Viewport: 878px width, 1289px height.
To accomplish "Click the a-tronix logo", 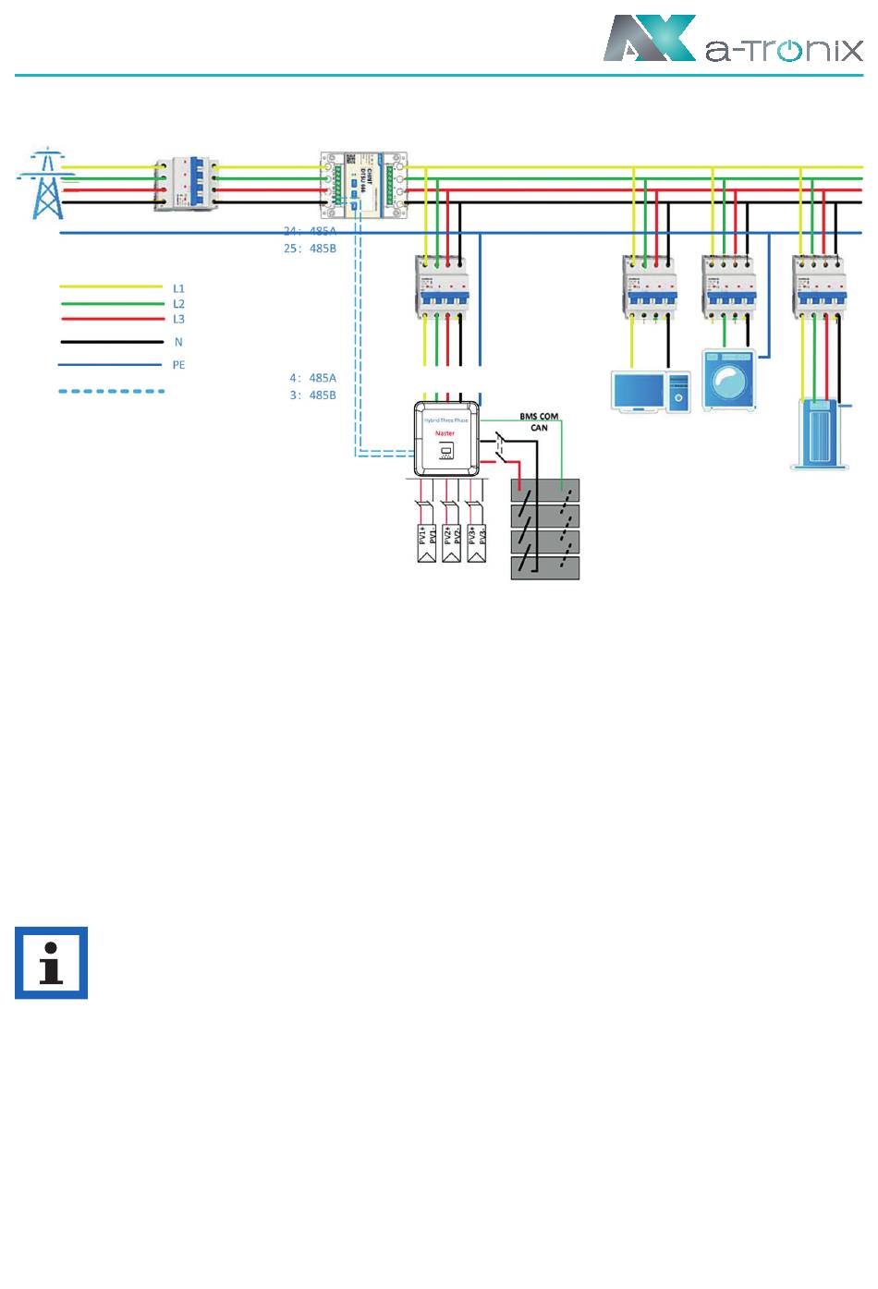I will pos(733,39).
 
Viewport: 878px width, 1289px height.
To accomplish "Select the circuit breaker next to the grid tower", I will pos(189,181).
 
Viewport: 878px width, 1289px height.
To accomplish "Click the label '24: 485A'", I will pos(310,231).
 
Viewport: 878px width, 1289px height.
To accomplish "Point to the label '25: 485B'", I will pos(310,248).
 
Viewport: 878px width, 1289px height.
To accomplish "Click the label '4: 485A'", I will pos(312,378).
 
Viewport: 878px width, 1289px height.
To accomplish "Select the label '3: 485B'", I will pos(312,395).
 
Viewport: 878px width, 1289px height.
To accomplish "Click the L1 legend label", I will pos(178,288).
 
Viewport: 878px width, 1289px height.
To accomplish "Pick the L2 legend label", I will pos(178,303).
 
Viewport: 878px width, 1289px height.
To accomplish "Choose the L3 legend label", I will pos(178,319).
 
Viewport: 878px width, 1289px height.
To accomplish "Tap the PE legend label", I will pos(178,365).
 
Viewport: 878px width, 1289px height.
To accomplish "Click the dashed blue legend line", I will pos(112,391).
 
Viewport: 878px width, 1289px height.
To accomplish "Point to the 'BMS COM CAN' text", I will pos(539,422).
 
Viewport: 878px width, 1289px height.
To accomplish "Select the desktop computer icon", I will pos(651,390).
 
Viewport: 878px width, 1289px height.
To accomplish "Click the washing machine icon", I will pos(729,380).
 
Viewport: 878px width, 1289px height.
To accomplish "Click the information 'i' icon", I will pos(52,963).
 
